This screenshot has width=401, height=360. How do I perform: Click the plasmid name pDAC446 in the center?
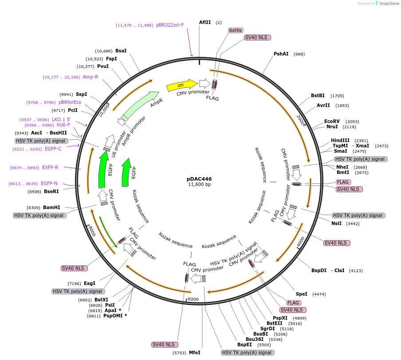pyautogui.click(x=199, y=178)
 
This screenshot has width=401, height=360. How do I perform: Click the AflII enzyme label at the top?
pyautogui.click(x=205, y=22)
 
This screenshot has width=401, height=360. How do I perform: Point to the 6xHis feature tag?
pyautogui.click(x=236, y=30)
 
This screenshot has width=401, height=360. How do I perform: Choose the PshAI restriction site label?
pyautogui.click(x=281, y=54)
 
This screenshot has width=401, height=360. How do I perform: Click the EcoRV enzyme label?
pyautogui.click(x=332, y=121)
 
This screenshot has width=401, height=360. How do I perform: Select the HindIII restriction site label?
pyautogui.click(x=340, y=140)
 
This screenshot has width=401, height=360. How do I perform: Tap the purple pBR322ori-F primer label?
pyautogui.click(x=170, y=25)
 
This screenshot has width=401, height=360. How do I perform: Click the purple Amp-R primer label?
pyautogui.click(x=90, y=77)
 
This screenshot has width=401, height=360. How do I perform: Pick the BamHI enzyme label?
pyautogui.click(x=51, y=207)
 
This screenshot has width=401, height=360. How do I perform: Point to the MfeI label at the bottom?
pyautogui.click(x=195, y=352)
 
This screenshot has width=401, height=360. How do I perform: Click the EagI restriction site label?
pyautogui.click(x=90, y=283)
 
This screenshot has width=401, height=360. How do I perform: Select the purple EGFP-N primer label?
pyautogui.click(x=49, y=183)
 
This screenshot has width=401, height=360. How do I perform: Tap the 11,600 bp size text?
pyautogui.click(x=199, y=185)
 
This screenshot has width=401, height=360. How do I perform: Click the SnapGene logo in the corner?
pyautogui.click(x=385, y=4)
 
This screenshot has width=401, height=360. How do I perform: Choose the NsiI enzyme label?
pyautogui.click(x=336, y=223)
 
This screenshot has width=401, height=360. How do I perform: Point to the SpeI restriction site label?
pyautogui.click(x=302, y=294)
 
